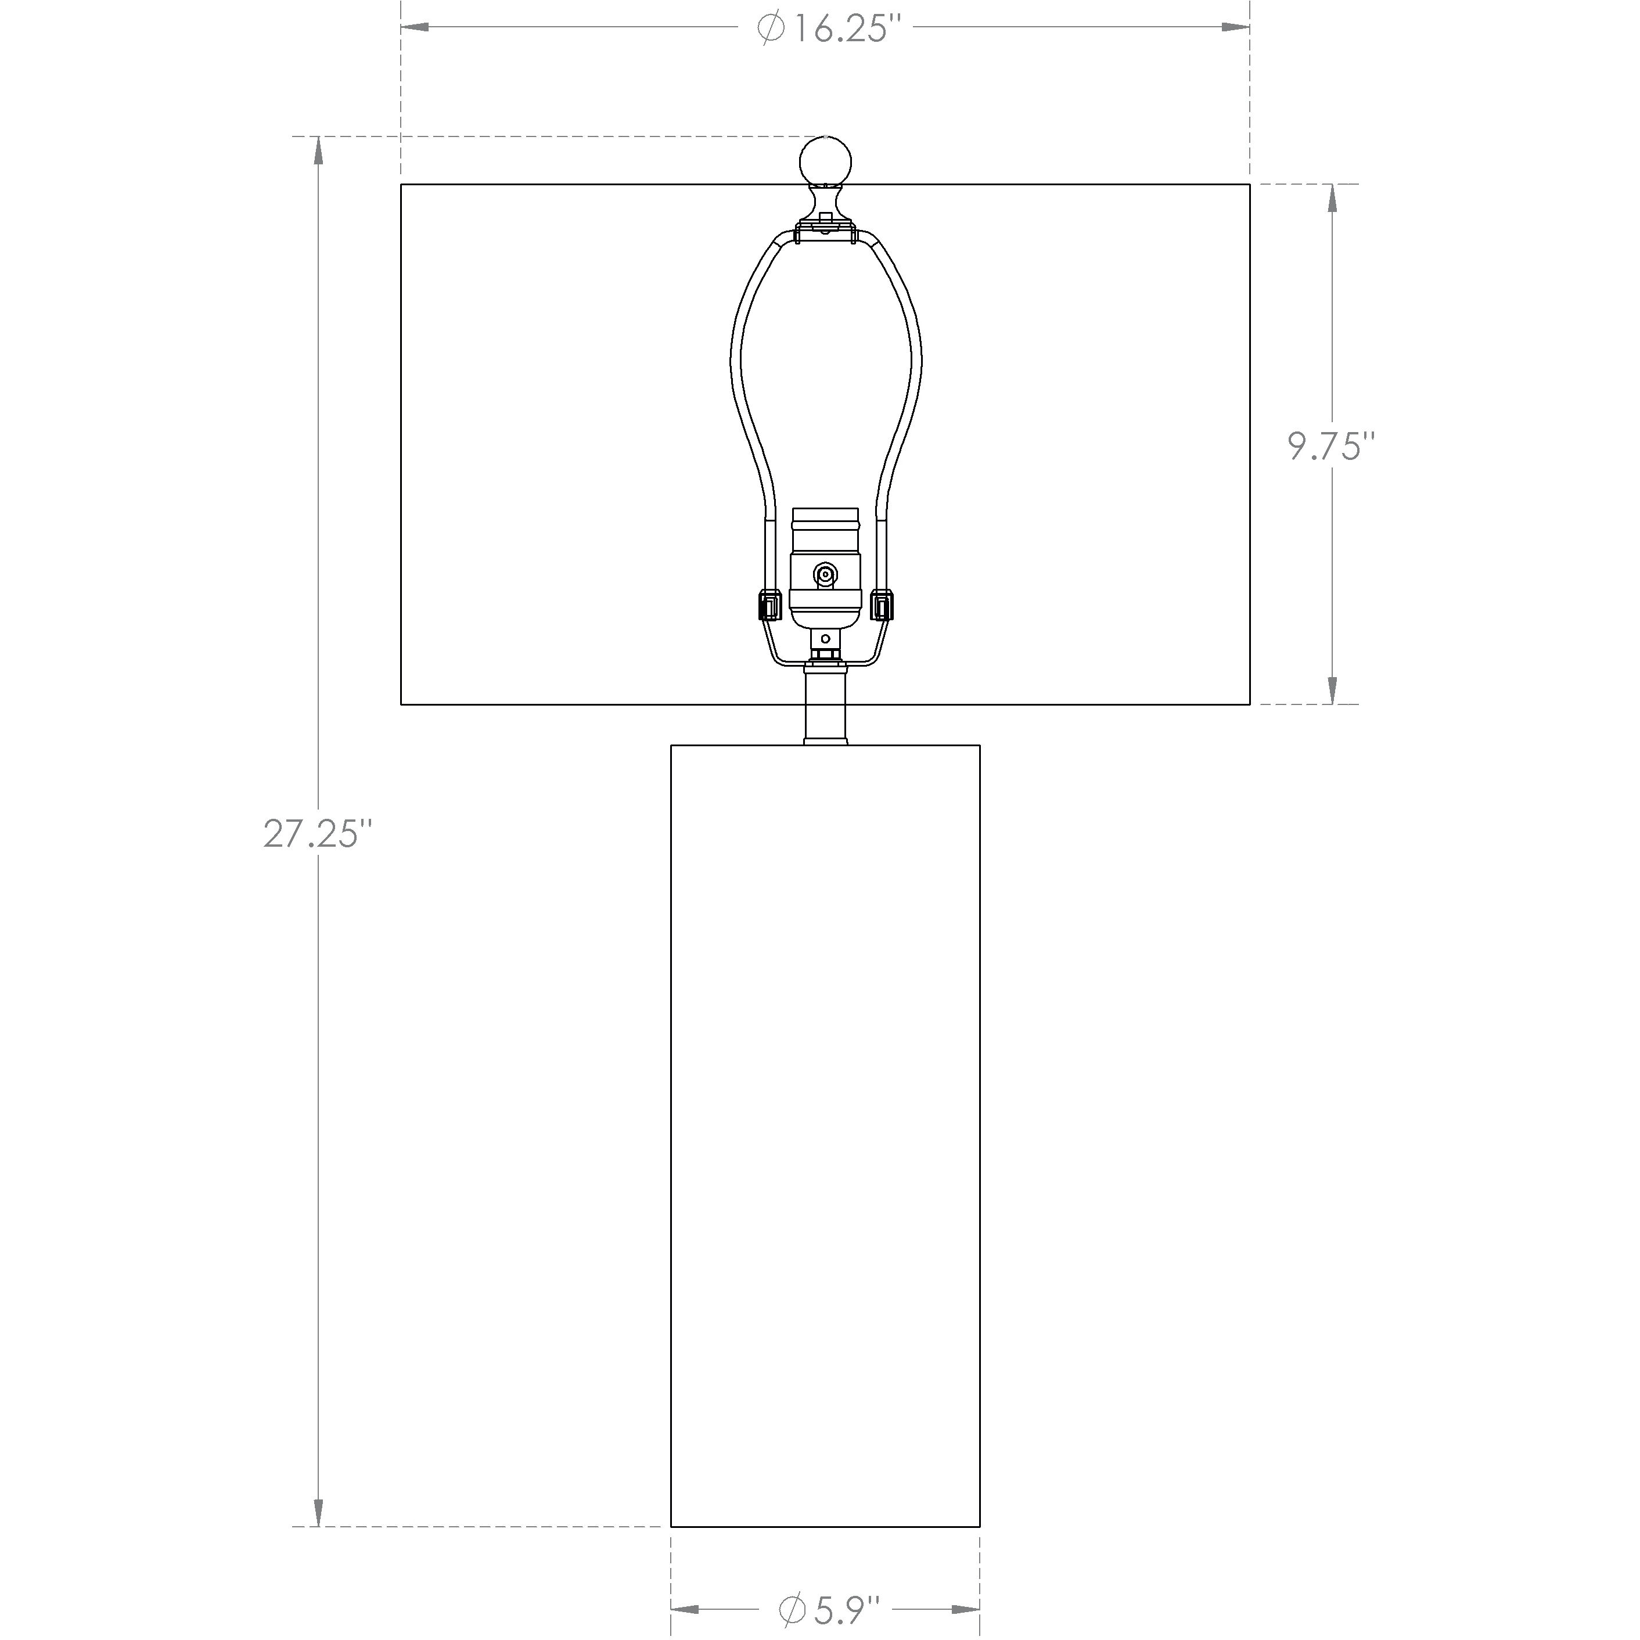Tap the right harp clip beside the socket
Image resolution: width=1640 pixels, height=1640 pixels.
click(883, 606)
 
